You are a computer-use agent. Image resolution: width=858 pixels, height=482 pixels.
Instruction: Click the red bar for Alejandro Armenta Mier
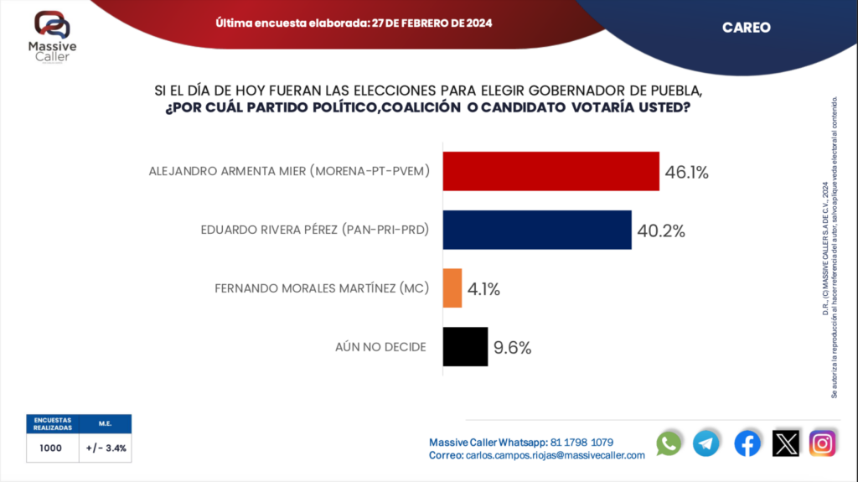pyautogui.click(x=550, y=172)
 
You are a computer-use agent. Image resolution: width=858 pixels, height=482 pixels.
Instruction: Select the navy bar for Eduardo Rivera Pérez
pyautogui.click(x=536, y=230)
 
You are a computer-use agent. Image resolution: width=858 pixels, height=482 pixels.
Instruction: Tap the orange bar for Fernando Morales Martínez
pyautogui.click(x=452, y=288)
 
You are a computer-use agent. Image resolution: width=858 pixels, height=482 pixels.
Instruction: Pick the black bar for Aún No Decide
pyautogui.click(x=465, y=346)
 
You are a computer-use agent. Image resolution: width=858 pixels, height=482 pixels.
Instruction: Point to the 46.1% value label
pyautogui.click(x=687, y=173)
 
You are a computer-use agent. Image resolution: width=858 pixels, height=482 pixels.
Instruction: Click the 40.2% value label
pyautogui.click(x=661, y=231)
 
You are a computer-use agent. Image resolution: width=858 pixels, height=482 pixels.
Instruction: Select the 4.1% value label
pyautogui.click(x=483, y=289)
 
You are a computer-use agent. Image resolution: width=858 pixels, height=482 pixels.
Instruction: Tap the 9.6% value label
pyautogui.click(x=512, y=347)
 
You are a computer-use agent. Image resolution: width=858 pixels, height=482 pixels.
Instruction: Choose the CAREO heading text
pyautogui.click(x=746, y=28)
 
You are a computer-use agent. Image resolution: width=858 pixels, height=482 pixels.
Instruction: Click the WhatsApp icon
pyautogui.click(x=669, y=443)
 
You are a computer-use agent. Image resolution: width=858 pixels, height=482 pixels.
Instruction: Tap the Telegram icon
pyautogui.click(x=706, y=443)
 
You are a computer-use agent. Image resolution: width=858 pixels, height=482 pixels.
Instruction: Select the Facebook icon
pyautogui.click(x=747, y=443)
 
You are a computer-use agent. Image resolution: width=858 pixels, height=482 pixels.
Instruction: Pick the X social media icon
pyautogui.click(x=785, y=443)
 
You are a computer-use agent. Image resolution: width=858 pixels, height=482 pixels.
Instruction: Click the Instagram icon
pyautogui.click(x=823, y=443)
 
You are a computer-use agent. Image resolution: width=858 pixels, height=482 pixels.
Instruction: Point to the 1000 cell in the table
pyautogui.click(x=52, y=448)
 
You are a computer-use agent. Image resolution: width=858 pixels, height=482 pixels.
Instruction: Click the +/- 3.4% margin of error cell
pyautogui.click(x=106, y=448)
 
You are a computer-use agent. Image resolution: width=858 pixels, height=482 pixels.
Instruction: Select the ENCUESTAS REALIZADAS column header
pyautogui.click(x=52, y=423)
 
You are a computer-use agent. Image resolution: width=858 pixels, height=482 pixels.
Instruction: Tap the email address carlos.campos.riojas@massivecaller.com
pyautogui.click(x=553, y=455)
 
